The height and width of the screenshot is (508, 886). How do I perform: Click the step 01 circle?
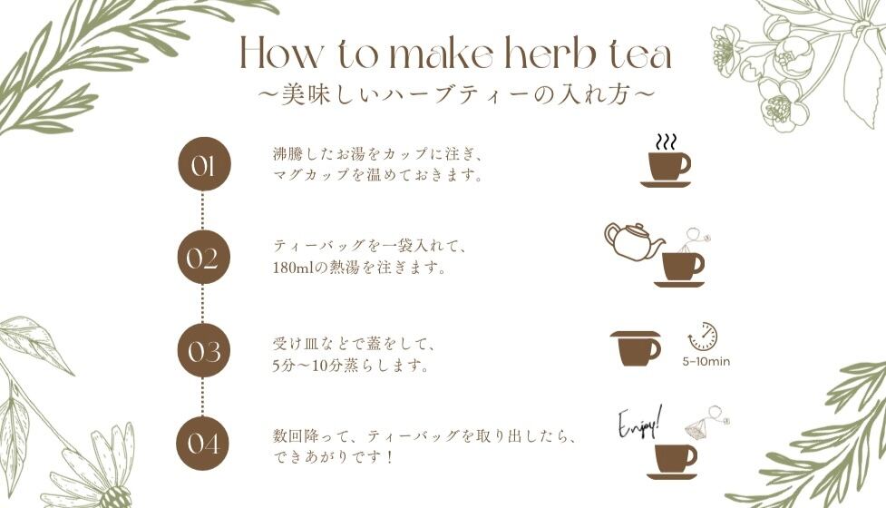click(204, 164)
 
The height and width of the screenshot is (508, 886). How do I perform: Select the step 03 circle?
click(204, 350)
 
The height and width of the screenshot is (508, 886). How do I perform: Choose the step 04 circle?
click(204, 444)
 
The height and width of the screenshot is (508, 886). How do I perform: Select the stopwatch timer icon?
click(703, 337)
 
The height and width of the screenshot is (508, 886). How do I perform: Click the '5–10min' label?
click(706, 362)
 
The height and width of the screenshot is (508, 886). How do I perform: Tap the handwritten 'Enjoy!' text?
click(639, 424)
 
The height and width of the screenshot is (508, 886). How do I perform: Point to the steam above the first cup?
click(666, 142)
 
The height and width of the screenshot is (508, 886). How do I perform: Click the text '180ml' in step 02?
click(292, 268)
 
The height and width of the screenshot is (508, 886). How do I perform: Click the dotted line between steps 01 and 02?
click(203, 210)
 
